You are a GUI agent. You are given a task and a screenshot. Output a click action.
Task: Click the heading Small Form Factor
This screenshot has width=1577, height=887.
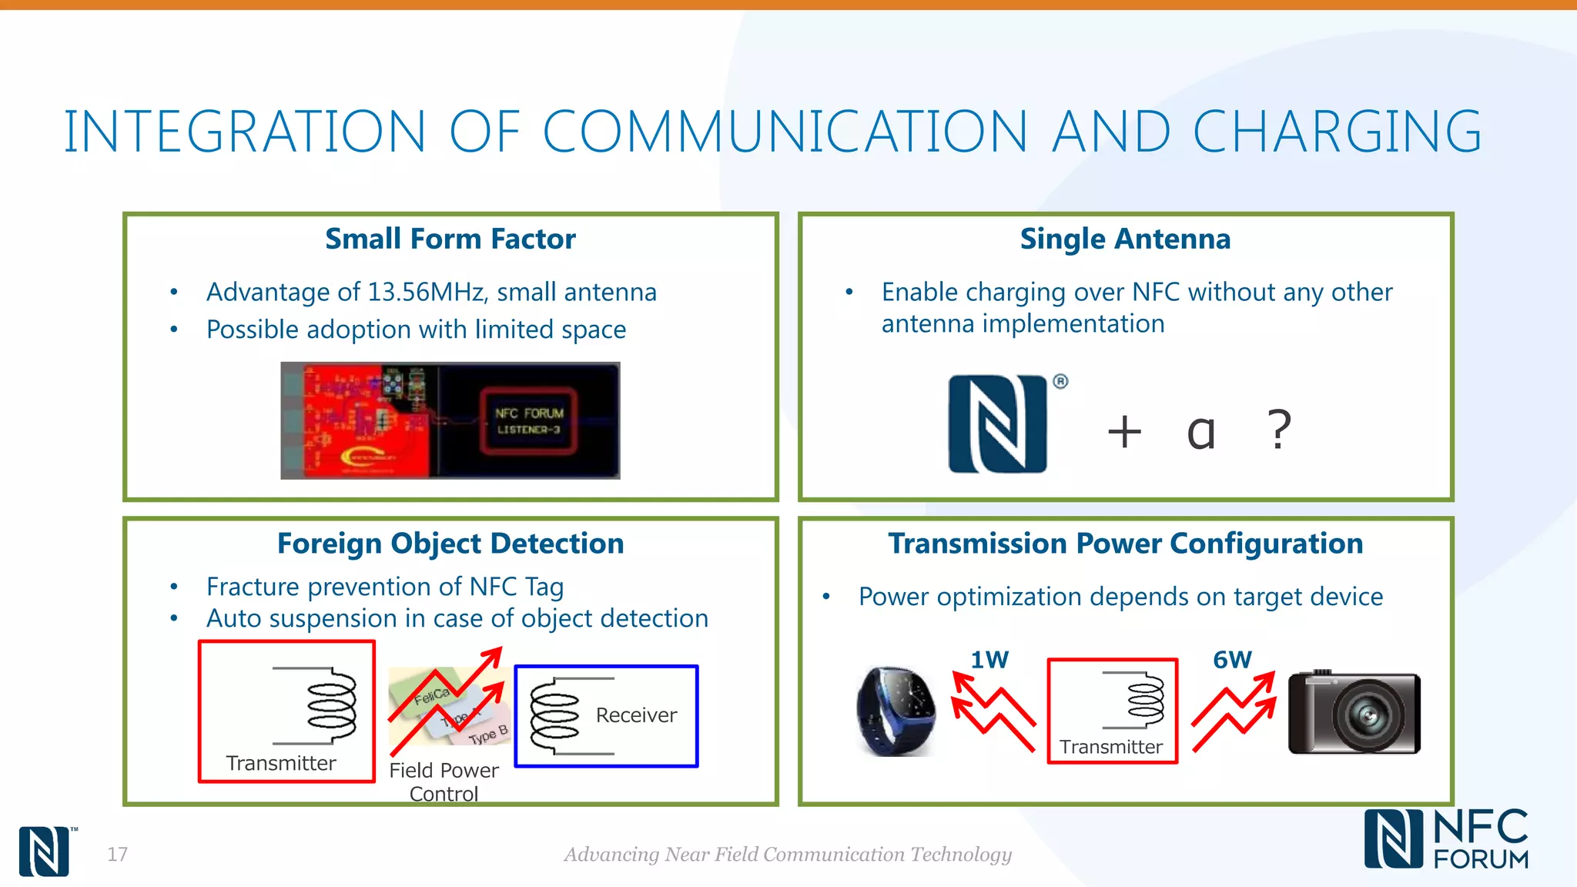click(x=450, y=239)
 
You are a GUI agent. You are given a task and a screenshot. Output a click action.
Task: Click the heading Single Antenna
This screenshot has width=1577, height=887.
click(x=1125, y=239)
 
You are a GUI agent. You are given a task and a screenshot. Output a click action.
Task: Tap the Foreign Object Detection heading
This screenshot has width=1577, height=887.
click(x=450, y=544)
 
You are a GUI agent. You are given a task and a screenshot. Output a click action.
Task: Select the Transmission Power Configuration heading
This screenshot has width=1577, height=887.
click(x=1125, y=544)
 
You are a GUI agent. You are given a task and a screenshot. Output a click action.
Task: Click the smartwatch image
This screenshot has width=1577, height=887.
click(x=896, y=711)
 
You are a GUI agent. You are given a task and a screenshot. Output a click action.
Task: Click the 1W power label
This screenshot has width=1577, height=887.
click(x=989, y=660)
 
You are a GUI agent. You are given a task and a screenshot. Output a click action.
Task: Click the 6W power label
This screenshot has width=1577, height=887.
click(x=1232, y=660)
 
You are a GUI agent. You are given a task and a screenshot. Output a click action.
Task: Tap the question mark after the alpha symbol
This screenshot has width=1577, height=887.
click(x=1279, y=430)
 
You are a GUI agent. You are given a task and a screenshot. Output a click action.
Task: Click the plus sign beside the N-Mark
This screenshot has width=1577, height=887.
click(x=1124, y=431)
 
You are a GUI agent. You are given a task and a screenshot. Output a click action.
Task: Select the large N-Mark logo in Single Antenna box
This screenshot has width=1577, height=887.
click(x=998, y=423)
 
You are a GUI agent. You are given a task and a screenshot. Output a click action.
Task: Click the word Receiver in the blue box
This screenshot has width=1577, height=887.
click(x=636, y=715)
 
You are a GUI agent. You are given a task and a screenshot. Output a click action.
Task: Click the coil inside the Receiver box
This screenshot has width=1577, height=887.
click(x=554, y=715)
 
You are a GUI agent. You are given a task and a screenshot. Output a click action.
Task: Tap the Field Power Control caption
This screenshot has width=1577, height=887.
click(x=444, y=782)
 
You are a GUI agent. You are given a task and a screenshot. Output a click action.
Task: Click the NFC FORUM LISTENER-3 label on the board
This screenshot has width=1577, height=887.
click(x=529, y=421)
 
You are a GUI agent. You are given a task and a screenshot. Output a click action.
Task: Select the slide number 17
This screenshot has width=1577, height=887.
click(x=117, y=854)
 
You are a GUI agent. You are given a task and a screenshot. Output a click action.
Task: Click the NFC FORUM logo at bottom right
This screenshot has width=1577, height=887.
click(x=1446, y=839)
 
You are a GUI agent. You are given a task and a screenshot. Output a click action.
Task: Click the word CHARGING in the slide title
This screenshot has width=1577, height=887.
click(x=1337, y=132)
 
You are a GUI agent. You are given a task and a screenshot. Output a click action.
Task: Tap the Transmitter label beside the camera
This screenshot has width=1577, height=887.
click(x=1110, y=747)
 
